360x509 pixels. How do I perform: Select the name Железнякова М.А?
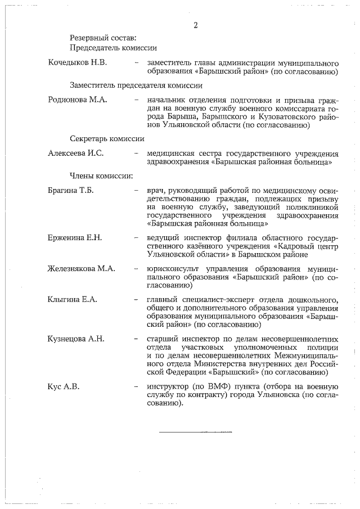[82, 268]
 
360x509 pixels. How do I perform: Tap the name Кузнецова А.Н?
[76, 339]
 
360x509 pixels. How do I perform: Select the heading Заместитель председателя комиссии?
[136, 85]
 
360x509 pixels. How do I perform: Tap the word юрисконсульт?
[171, 268]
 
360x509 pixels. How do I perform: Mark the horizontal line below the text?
[195, 433]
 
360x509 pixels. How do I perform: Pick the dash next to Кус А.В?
[137, 387]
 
